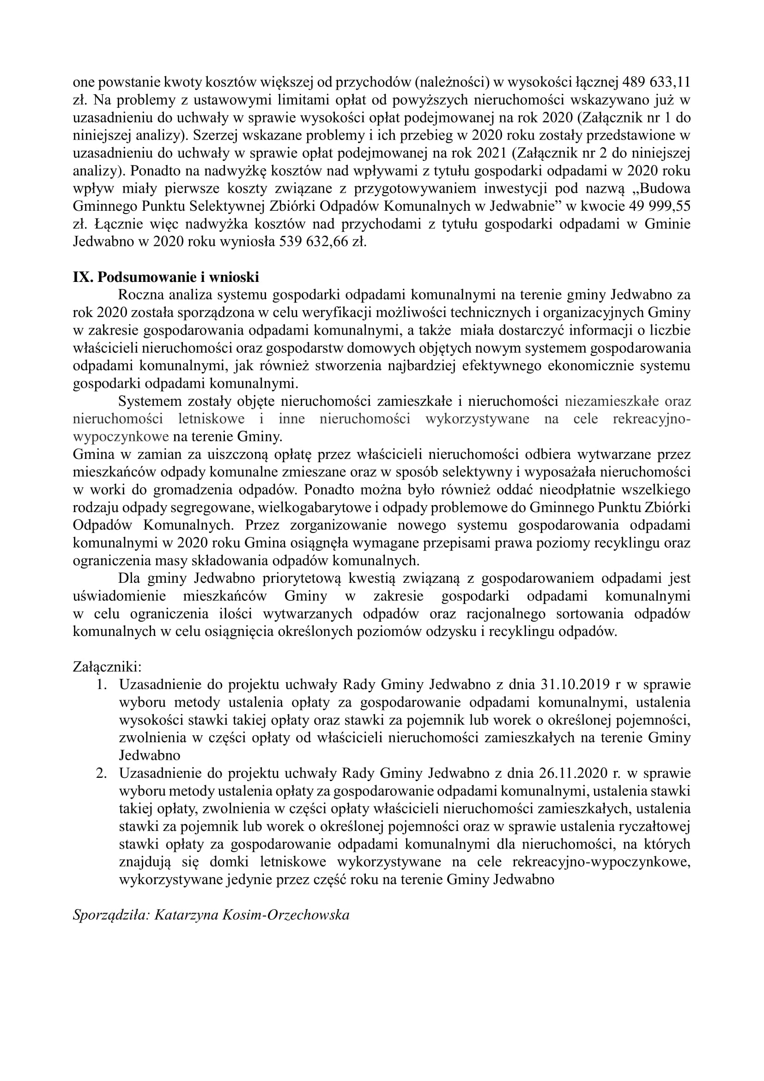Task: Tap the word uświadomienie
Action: point(120,596)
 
